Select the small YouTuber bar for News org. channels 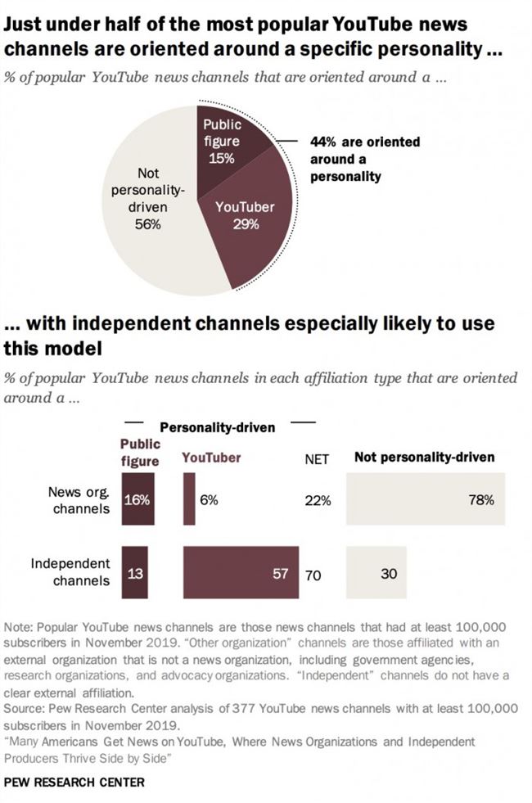[189, 500]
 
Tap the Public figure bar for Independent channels [134, 574]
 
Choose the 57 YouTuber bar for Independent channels [241, 574]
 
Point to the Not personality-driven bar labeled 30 [376, 574]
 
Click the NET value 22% [318, 501]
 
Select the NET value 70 [313, 575]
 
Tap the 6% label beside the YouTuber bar [209, 500]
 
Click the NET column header [317, 459]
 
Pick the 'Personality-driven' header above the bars [217, 427]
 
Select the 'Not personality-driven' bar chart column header [424, 458]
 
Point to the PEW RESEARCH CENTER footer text [74, 782]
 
